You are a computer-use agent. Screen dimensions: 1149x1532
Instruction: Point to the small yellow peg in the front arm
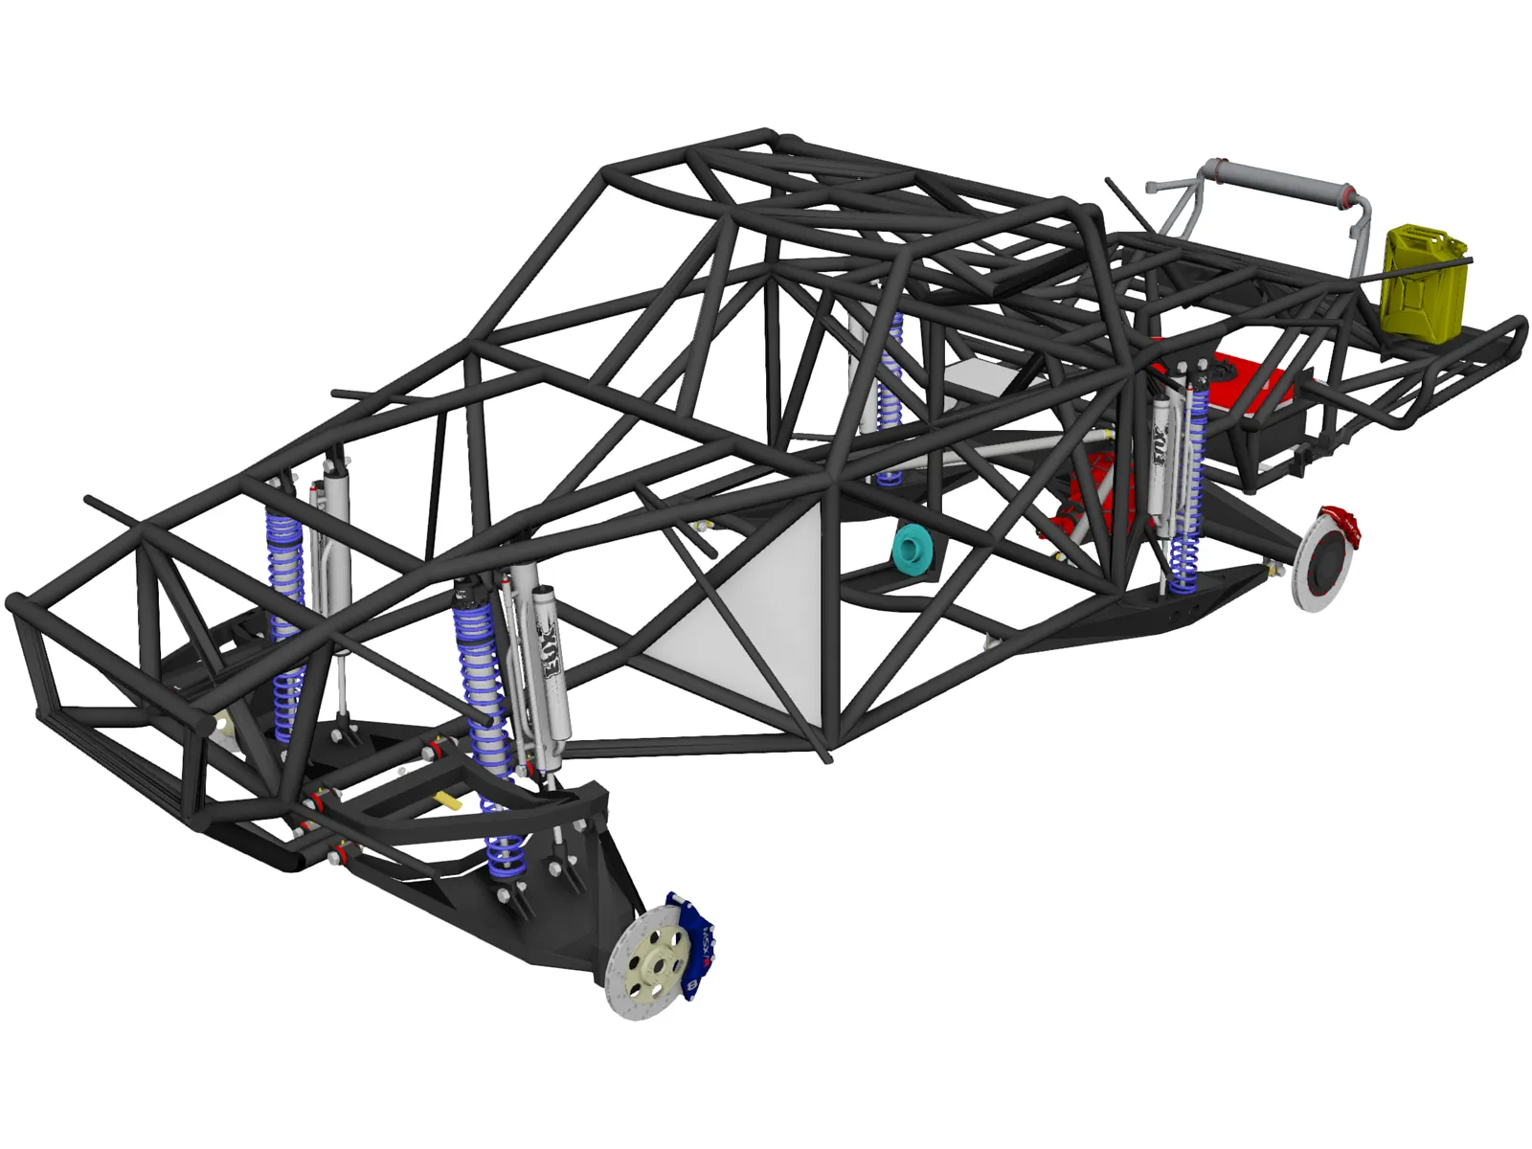pos(448,800)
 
